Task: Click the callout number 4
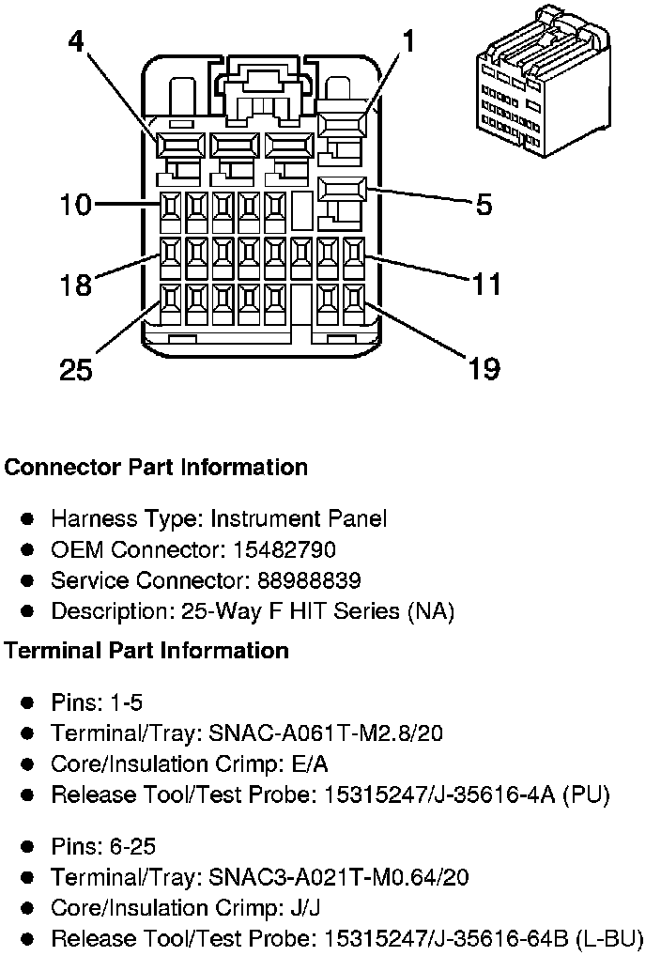[x=76, y=41]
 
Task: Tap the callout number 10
[x=76, y=204]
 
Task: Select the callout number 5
[x=484, y=204]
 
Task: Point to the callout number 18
[x=76, y=285]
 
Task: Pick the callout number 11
[x=486, y=285]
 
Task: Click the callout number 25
[x=76, y=369]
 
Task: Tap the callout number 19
[x=484, y=368]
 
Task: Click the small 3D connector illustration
[x=543, y=81]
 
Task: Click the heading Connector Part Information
[x=156, y=467]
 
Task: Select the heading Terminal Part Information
[x=146, y=651]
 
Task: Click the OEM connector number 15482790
[x=284, y=549]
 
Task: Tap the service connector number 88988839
[x=309, y=580]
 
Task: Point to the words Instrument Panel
[x=299, y=518]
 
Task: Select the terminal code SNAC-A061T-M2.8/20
[x=326, y=732]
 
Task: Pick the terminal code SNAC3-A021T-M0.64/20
[x=339, y=877]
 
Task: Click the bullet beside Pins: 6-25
[x=27, y=846]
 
